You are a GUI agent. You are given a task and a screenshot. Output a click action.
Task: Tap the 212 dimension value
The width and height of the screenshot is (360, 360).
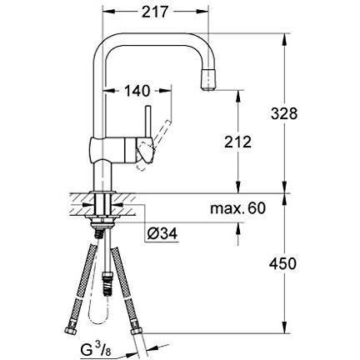tap(237, 142)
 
